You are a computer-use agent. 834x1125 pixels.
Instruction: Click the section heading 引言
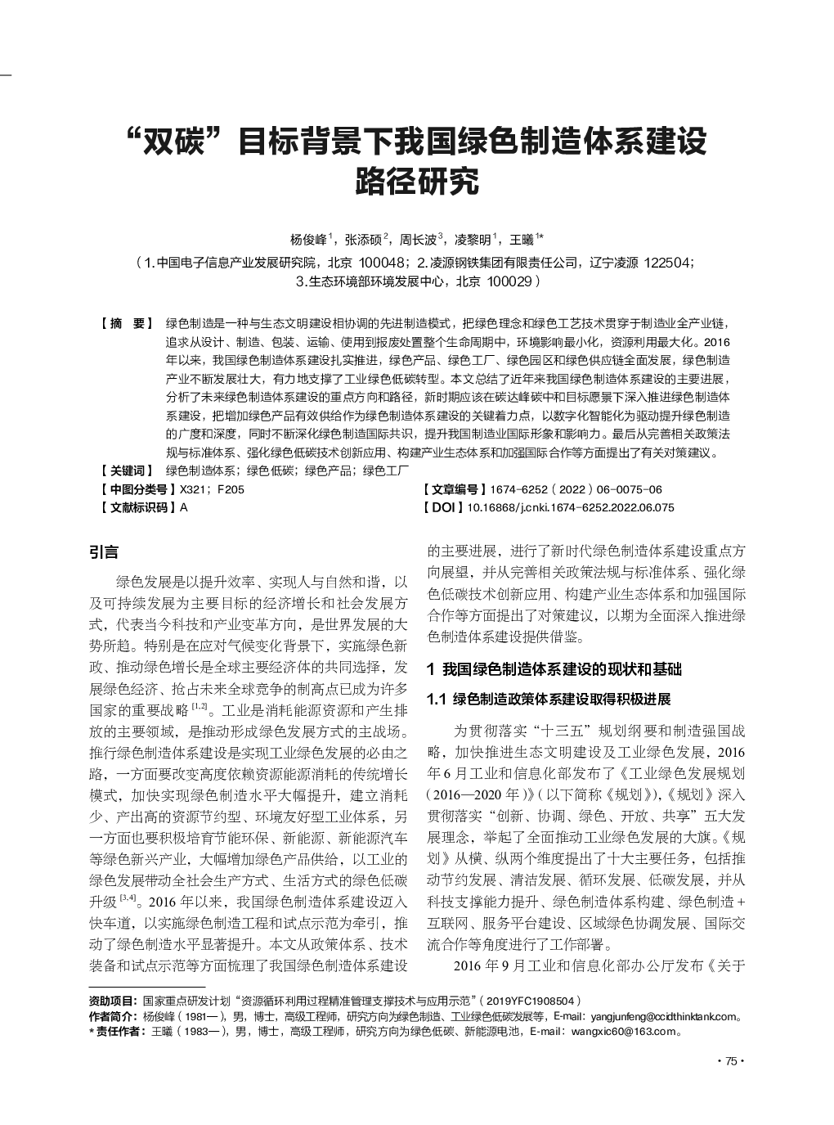[x=104, y=553]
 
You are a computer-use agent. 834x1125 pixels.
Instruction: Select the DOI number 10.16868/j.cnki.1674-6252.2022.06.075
[x=570, y=507]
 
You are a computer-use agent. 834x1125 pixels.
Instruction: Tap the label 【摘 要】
[x=125, y=323]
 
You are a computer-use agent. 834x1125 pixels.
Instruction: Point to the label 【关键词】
[x=125, y=470]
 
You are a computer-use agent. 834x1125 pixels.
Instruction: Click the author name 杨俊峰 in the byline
[x=308, y=240]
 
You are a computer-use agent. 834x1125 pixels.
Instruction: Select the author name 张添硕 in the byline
[x=363, y=240]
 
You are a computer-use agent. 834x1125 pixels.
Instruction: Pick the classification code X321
[x=191, y=489]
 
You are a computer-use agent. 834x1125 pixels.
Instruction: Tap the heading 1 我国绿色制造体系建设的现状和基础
[x=554, y=669]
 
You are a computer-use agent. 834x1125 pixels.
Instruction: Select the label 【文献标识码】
[x=136, y=507]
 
